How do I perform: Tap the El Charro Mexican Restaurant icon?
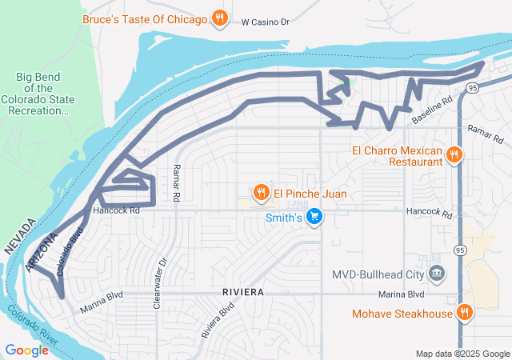454,155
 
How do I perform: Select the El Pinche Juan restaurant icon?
261,192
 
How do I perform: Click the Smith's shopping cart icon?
314,217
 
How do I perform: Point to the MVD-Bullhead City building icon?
437,274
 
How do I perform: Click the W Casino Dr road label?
265,22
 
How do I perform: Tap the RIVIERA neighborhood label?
244,293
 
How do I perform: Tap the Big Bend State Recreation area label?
46,93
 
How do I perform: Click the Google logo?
26,350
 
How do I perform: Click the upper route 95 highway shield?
474,87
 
